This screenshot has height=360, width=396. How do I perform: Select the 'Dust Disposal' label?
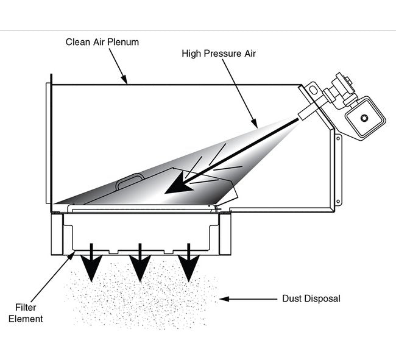pos(311,298)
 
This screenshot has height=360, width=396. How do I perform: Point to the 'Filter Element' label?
pos(30,312)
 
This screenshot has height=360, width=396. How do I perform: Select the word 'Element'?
pos(30,318)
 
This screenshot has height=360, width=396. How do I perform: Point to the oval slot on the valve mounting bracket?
pos(314,90)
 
